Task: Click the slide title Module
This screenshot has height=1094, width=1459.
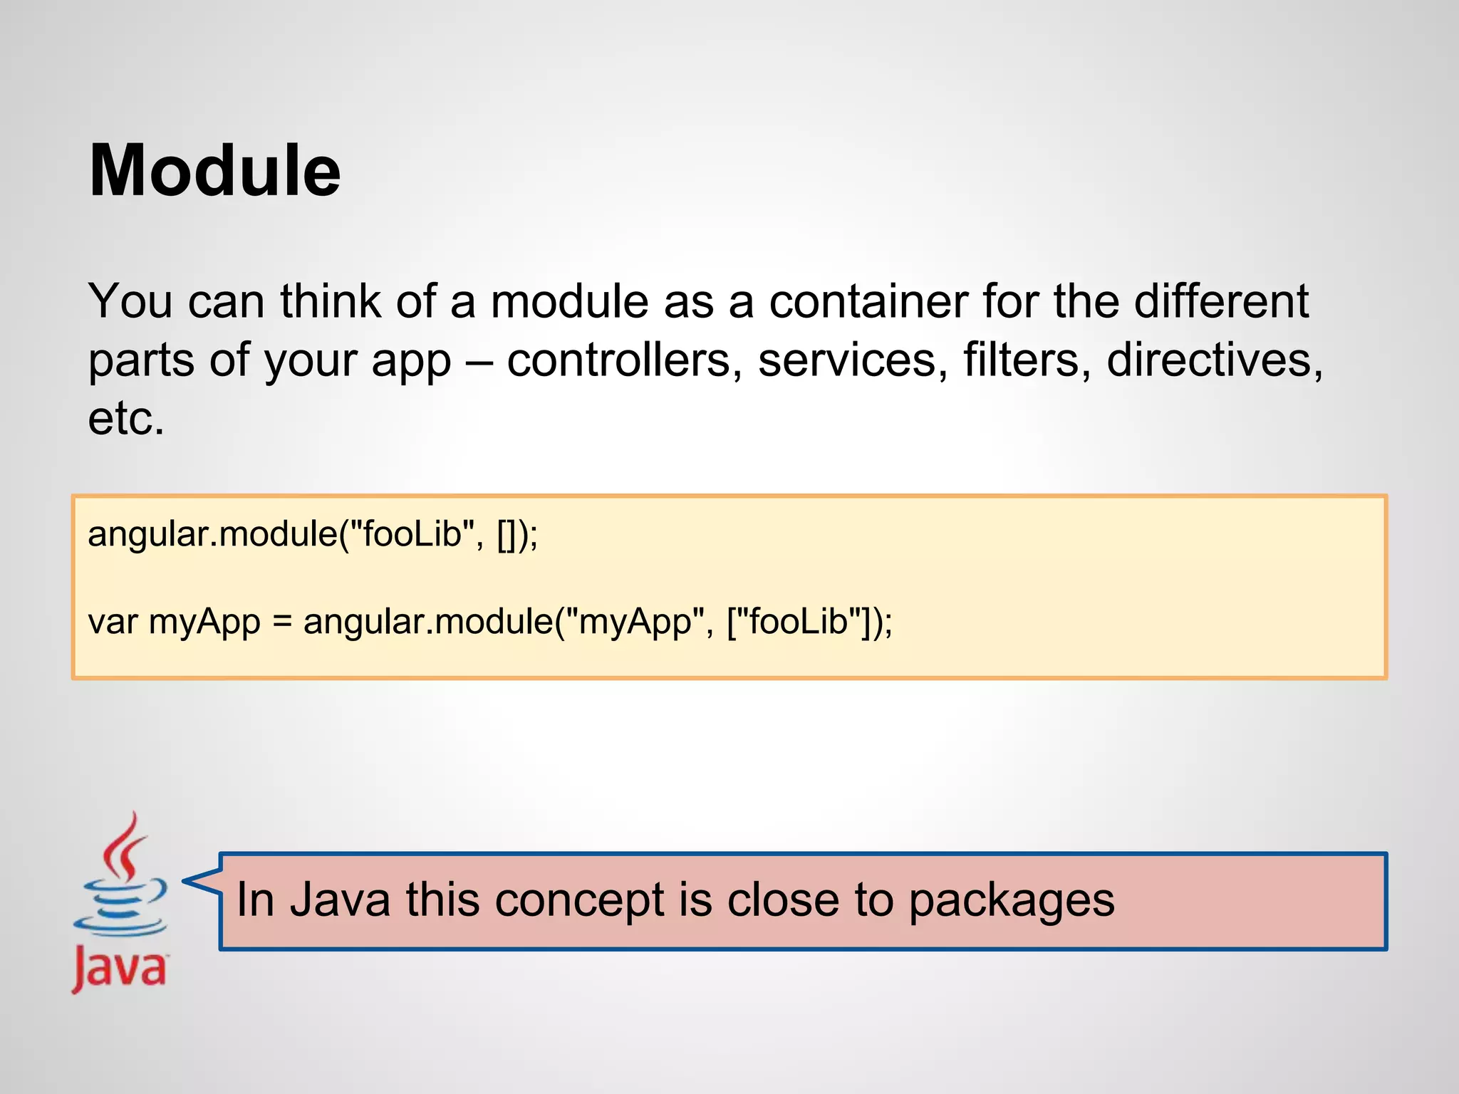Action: [x=214, y=171]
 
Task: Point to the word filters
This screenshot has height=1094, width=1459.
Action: [x=1027, y=360]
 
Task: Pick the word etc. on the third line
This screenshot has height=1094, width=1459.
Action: [x=126, y=418]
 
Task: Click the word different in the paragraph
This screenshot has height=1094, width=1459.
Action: [x=1221, y=301]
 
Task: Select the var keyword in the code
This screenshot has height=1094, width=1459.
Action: [x=113, y=621]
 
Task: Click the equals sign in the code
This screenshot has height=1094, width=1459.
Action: [x=282, y=621]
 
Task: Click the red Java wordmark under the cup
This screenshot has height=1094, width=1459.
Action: [x=120, y=968]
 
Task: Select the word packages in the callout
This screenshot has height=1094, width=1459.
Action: [x=1011, y=900]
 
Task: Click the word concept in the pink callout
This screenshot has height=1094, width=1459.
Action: [x=579, y=900]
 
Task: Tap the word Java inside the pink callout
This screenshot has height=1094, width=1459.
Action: [x=340, y=900]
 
